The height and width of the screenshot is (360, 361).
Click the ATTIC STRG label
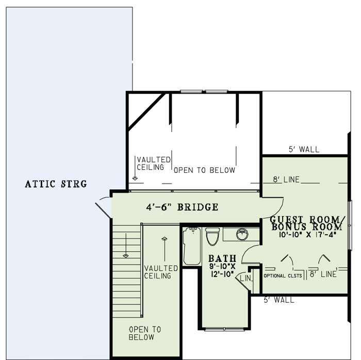pyautogui.click(x=56, y=184)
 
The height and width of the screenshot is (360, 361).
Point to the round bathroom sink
pyautogui.click(x=241, y=235)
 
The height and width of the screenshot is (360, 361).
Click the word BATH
pyautogui.click(x=222, y=258)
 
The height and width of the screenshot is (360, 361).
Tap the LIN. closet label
pyautogui.click(x=245, y=279)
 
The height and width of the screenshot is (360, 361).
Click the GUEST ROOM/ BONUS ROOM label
pyautogui.click(x=306, y=223)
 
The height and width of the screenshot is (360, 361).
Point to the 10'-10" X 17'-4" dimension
pyautogui.click(x=308, y=235)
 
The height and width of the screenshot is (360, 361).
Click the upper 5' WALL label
pyautogui.click(x=304, y=150)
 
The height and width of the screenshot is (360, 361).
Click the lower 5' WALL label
pyautogui.click(x=278, y=300)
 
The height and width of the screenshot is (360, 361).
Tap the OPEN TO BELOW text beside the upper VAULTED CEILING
pyautogui.click(x=204, y=170)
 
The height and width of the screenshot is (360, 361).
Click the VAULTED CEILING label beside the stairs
pyautogui.click(x=161, y=272)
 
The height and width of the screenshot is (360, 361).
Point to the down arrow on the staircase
pyautogui.click(x=125, y=252)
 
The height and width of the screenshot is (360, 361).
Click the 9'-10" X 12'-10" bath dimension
pyautogui.click(x=222, y=270)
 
